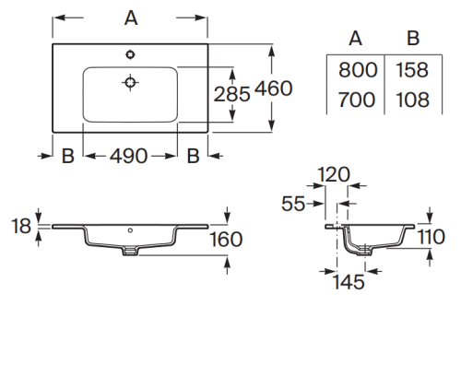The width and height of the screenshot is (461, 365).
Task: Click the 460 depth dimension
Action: [x=274, y=88]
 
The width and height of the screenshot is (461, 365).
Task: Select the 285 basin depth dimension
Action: [x=231, y=94]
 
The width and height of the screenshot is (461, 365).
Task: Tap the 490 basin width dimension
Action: [x=129, y=156]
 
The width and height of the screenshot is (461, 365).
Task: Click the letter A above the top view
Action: [x=131, y=18]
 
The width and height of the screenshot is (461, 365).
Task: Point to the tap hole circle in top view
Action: [x=130, y=54]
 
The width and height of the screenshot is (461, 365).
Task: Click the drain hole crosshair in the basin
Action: [x=130, y=82]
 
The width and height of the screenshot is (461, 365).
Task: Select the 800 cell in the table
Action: [x=358, y=70]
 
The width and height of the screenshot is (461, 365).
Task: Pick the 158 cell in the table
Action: [x=412, y=70]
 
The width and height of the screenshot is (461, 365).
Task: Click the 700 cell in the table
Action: [x=357, y=100]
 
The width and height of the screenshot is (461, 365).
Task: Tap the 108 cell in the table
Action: [x=412, y=100]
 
